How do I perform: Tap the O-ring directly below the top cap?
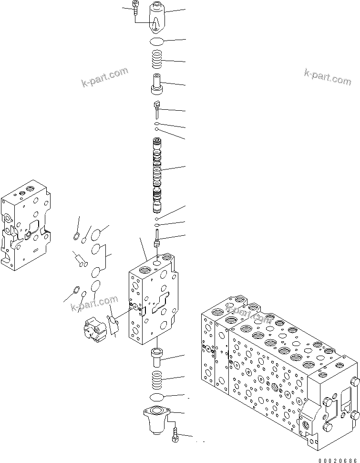coord(157,42)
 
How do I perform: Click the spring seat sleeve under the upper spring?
coord(157,84)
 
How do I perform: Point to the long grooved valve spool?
coord(157,175)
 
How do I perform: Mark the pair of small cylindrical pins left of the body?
coord(79,259)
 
